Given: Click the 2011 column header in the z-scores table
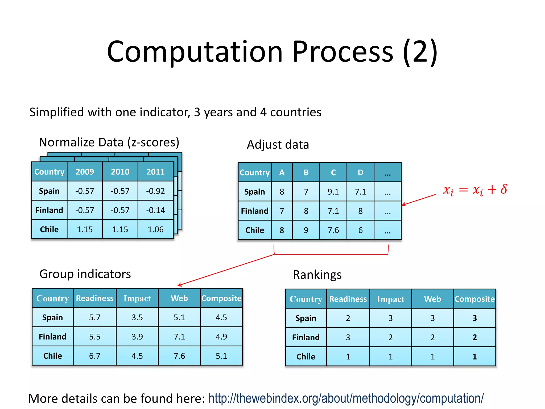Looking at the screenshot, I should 155,172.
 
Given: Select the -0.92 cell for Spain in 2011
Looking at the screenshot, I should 155,191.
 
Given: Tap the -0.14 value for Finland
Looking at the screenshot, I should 155,210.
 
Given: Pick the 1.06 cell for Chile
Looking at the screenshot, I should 155,229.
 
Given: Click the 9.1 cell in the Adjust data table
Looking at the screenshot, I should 333,192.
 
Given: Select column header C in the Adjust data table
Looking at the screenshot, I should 333,173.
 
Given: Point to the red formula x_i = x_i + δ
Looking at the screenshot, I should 475,190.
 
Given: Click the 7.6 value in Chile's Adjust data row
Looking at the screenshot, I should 333,230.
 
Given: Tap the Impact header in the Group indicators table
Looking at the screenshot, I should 137,298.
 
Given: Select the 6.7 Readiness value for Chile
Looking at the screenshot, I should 94,356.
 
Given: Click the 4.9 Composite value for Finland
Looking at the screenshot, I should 221,337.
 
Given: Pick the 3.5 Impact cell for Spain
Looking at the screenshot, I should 137,317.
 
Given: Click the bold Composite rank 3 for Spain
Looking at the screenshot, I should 474,318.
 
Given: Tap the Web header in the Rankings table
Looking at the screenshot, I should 432,299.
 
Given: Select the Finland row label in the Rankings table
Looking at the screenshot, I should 306,337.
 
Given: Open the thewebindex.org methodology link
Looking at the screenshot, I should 346,398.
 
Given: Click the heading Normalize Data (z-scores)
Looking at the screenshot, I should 109,142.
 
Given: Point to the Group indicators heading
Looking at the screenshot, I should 85,274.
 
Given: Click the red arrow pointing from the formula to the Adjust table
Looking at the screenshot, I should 418,200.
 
